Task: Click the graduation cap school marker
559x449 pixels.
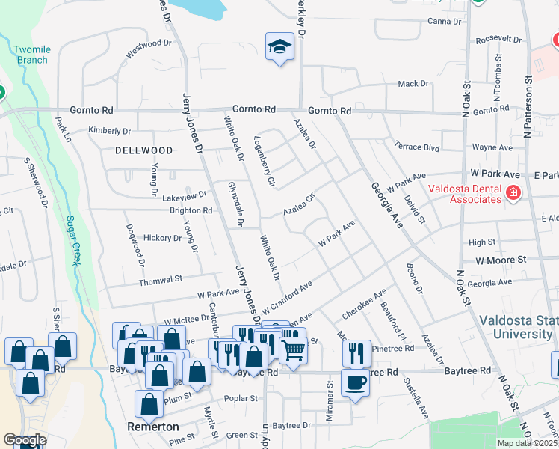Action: tap(279, 47)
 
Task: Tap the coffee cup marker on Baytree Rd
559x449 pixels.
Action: tap(355, 382)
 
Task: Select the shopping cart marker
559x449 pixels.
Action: tap(293, 348)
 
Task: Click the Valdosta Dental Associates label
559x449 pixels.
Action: tap(464, 194)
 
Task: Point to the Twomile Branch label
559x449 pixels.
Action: tap(31, 55)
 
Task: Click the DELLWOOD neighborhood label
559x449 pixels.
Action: tap(144, 150)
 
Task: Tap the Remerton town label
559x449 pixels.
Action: tap(152, 427)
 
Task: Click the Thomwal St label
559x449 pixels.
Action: tap(162, 280)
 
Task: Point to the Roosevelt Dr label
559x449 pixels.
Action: tap(498, 38)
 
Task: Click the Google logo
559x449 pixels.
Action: tap(25, 440)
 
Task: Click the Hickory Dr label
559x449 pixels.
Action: tap(163, 238)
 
